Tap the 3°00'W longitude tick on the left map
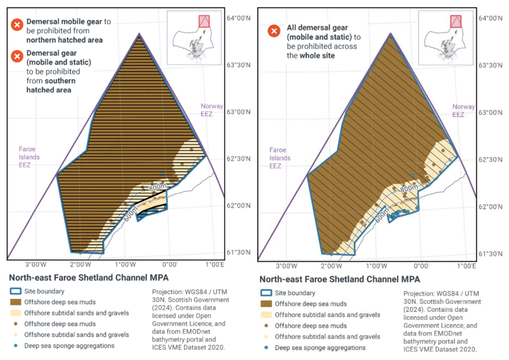[x=34, y=265]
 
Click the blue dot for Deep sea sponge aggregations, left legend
[x=16, y=345]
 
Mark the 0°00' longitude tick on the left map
[x=169, y=265]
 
